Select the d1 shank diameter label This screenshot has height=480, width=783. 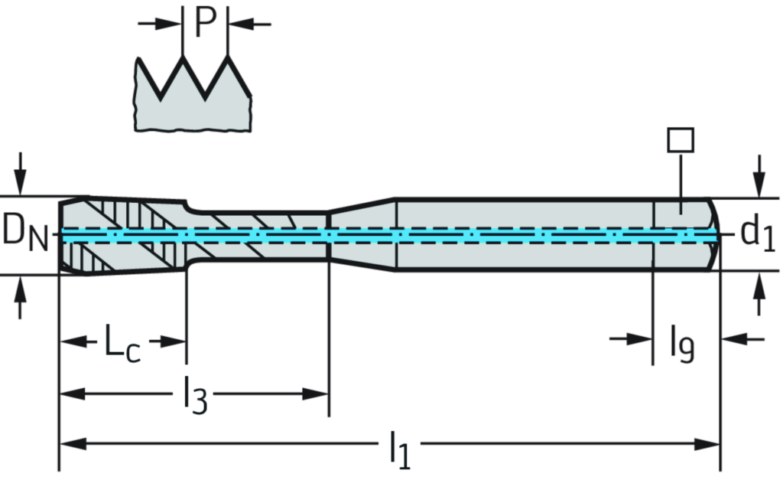[757, 234]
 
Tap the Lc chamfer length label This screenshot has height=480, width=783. [122, 341]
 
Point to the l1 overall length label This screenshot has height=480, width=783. [399, 448]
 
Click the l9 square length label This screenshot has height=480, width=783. [682, 343]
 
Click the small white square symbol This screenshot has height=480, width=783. [681, 140]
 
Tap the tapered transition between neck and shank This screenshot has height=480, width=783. [361, 233]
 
